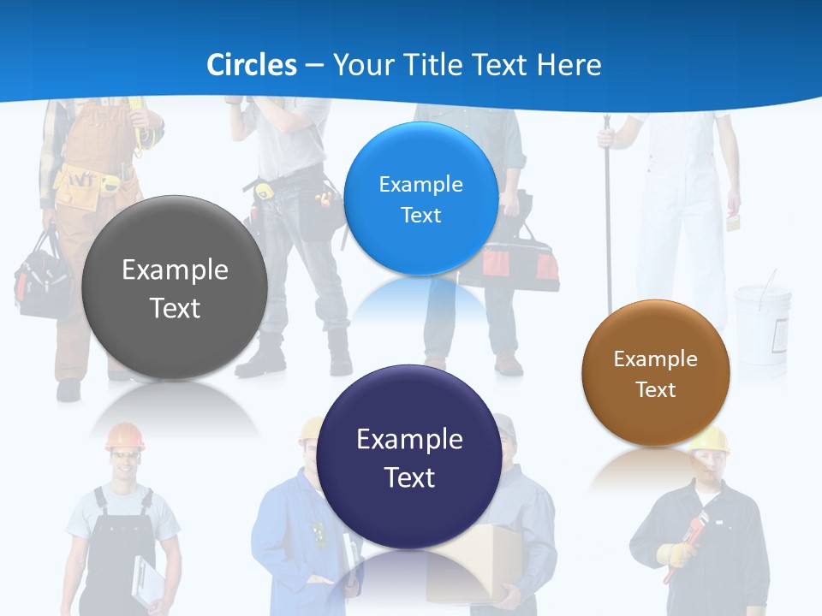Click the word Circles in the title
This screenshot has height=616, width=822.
point(251,64)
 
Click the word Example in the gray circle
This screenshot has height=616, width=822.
point(175,269)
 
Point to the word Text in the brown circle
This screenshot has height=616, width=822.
point(656,390)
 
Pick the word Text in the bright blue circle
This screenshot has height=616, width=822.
point(420,216)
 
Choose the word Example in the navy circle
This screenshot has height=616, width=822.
point(409,439)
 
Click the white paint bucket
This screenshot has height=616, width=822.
point(762,321)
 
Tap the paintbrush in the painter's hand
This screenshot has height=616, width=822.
point(733,221)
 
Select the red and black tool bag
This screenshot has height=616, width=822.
point(522,261)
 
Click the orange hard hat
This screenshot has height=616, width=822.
point(125,435)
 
